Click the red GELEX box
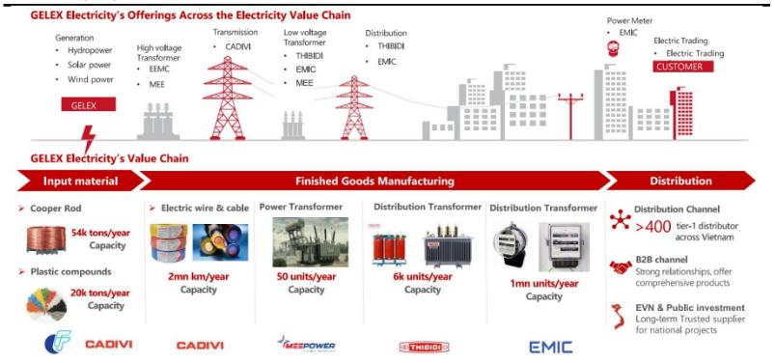pos(89,104)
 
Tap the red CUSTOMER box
pos(682,67)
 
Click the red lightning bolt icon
pos(89,139)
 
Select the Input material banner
pos(80,181)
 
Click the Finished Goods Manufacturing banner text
pos(374,181)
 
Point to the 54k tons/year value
pos(100,233)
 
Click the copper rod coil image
pos(46,239)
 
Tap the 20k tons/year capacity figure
pos(99,293)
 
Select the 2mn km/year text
pos(198,276)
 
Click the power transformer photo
pos(311,242)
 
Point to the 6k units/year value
pos(422,276)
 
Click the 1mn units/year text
pos(544,284)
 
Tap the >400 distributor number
pos(653,227)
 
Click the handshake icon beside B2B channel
pos(621,267)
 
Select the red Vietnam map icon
pos(619,319)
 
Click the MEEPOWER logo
pos(306,345)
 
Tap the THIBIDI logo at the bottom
pos(424,348)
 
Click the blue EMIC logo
pos(551,348)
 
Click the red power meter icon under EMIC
pos(614,48)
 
